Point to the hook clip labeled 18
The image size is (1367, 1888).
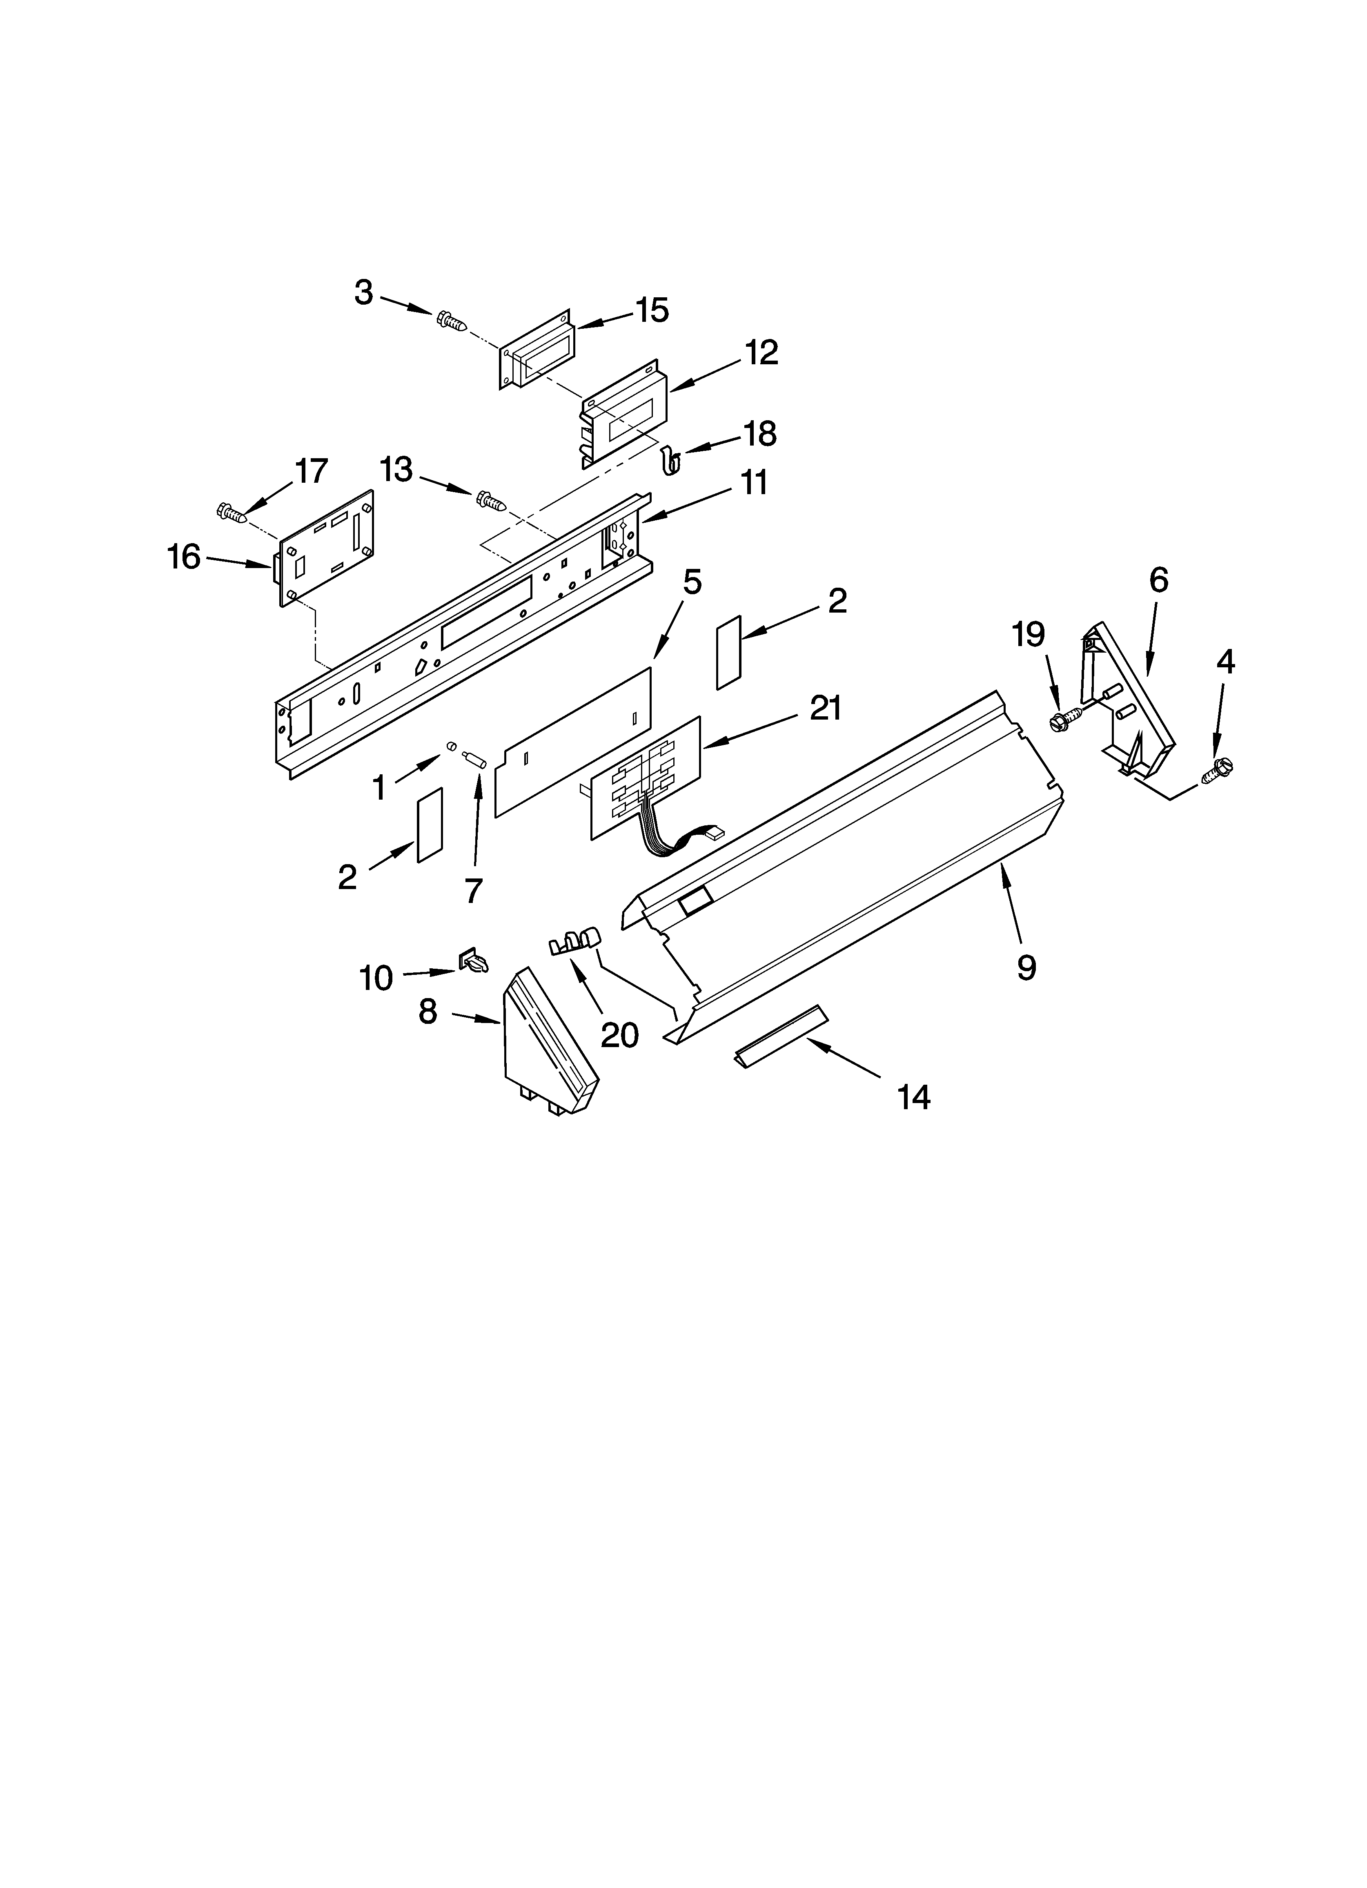coord(671,459)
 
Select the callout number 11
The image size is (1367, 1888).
coord(754,483)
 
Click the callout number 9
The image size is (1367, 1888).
coord(1026,967)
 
